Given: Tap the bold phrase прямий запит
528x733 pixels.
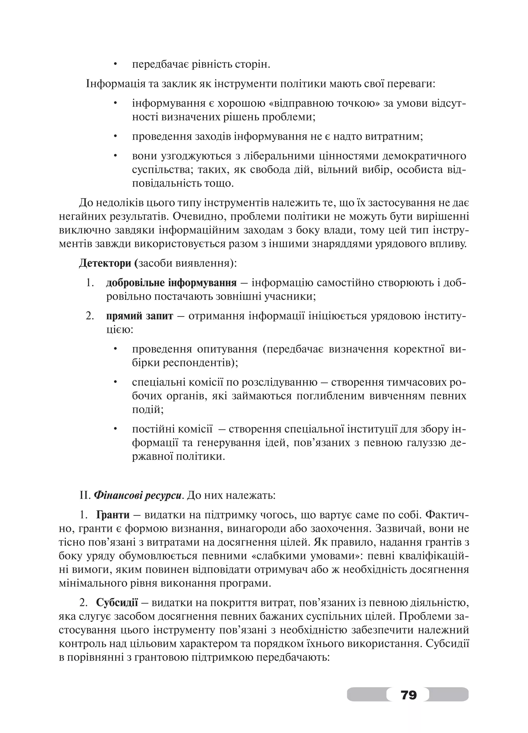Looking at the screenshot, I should pos(140,316).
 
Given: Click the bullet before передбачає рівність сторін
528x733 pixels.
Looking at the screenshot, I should pos(115,65).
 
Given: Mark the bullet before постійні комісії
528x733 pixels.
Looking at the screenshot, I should pos(115,429).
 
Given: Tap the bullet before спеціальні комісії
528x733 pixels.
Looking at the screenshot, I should pos(115,383).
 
